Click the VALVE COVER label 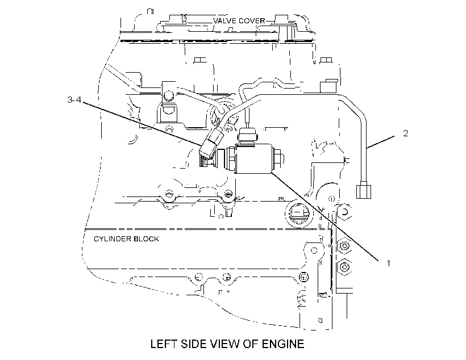(x=239, y=21)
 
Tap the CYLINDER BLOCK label (x=126, y=239)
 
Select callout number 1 (x=388, y=263)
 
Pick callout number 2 (x=406, y=133)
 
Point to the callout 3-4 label (x=74, y=99)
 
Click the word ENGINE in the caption (x=283, y=344)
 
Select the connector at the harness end (x=364, y=190)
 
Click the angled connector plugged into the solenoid (x=210, y=145)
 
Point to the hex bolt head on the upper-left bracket (x=169, y=96)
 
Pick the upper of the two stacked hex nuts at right (x=344, y=246)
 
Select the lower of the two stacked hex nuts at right (x=344, y=267)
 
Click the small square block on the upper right (x=328, y=86)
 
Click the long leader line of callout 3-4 (x=142, y=124)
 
